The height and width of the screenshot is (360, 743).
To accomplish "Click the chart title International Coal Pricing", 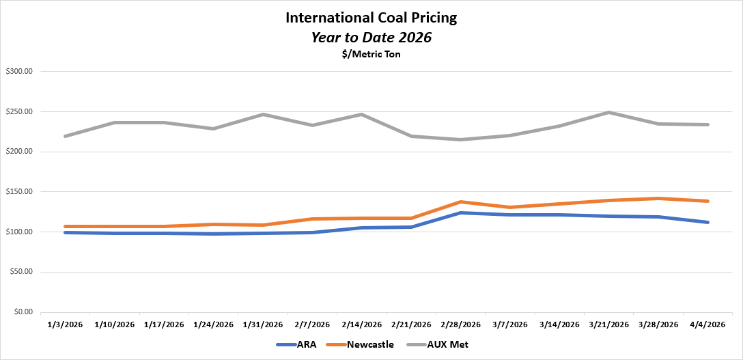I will tap(371, 18).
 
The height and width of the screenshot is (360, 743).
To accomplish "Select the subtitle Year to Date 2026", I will tap(371, 38).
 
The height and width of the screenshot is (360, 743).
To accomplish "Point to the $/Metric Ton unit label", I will tap(371, 55).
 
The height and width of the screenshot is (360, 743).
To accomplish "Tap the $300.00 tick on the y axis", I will tap(23, 71).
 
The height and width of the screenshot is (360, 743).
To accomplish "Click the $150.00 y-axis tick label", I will tap(23, 191).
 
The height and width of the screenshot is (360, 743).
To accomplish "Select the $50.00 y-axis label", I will tap(25, 272).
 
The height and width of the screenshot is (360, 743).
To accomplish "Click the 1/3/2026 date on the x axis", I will tap(66, 324).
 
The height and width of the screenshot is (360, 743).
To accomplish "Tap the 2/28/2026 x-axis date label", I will tap(460, 324).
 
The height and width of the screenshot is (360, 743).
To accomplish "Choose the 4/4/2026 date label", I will tap(707, 324).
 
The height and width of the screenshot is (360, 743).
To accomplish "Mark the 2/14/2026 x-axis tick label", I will tap(361, 324).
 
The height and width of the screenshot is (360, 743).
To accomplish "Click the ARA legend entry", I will tap(296, 345).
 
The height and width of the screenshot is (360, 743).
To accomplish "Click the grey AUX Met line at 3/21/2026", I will tap(608, 113).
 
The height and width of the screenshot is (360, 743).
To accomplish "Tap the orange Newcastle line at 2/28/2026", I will tap(460, 202).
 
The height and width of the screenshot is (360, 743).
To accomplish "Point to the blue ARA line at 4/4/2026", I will tap(707, 222).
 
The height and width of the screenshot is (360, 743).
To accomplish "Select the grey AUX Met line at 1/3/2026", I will tap(66, 136).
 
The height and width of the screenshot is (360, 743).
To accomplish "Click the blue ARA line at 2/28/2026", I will tap(460, 213).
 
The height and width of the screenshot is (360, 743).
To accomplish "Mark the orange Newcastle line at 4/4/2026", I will tap(707, 201).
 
